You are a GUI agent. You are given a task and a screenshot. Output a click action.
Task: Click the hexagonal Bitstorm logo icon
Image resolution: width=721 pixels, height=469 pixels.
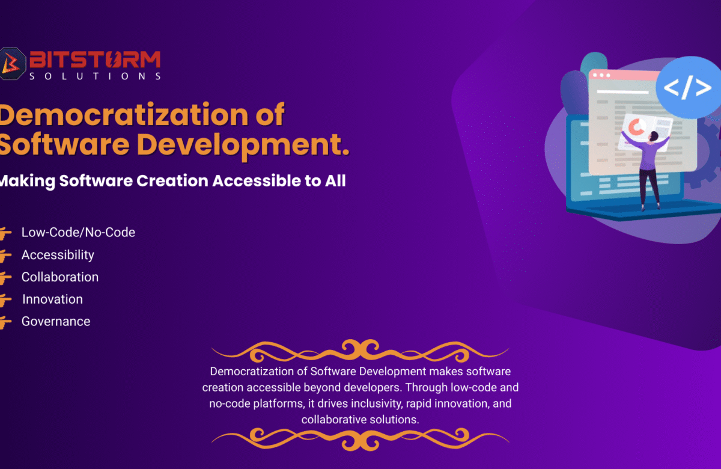pos(12,64)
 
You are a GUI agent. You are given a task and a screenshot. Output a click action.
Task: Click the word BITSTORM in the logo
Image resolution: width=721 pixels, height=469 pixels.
pos(95,60)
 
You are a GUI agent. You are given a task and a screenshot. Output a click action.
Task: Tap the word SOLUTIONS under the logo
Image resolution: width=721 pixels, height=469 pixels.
pos(95,76)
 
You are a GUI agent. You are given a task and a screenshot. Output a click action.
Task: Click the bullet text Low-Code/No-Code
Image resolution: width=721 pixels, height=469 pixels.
pos(78,232)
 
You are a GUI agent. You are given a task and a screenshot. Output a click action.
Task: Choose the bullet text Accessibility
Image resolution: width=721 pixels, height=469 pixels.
pos(58,255)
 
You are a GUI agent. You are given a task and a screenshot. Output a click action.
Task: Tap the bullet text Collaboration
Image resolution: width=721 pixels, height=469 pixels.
pos(60,277)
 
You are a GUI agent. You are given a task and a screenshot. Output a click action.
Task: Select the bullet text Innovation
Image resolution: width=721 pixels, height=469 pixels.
pos(52,299)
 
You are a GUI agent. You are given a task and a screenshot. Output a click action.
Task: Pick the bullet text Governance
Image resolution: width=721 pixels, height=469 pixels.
pos(56,322)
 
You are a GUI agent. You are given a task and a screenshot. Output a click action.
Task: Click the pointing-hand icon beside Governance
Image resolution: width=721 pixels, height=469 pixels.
pos(5,322)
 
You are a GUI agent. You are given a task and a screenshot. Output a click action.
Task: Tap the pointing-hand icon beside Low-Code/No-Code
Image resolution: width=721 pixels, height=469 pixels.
pos(5,233)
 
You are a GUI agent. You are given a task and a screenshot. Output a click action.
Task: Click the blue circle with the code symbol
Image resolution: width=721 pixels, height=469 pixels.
pos(688,87)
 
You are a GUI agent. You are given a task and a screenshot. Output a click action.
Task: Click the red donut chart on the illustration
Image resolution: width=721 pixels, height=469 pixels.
pos(636,127)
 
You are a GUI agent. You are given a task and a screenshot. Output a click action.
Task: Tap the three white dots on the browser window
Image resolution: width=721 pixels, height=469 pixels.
pos(601,75)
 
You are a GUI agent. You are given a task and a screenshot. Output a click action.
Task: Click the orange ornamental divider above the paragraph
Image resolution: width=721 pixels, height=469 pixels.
pos(360,351)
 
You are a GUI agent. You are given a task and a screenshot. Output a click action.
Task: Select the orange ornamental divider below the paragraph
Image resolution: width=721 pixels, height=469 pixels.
pos(360,440)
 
